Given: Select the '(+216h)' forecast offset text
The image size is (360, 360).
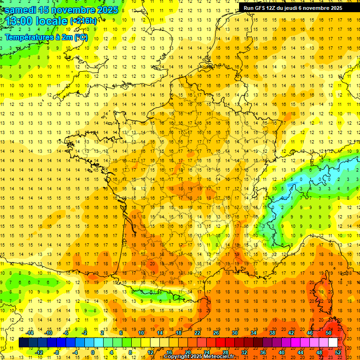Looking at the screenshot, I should (x=84, y=21).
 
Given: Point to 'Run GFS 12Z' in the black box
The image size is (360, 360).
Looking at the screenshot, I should (x=259, y=8).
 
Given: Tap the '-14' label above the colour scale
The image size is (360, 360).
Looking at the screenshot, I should (x=30, y=333).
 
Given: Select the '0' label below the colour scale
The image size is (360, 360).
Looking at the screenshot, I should (x=93, y=352).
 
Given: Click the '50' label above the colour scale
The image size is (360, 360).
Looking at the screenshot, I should (x=328, y=333).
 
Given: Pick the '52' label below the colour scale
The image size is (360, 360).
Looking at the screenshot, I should (x=338, y=352).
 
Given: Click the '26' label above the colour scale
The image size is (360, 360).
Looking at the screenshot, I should (x=216, y=333).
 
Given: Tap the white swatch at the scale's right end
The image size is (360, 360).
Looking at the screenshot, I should (x=333, y=343).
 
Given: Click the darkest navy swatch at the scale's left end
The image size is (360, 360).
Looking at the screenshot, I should (x=23, y=343).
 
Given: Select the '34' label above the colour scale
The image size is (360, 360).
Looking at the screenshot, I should (x=254, y=333).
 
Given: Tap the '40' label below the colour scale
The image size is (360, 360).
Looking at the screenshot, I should (x=282, y=352).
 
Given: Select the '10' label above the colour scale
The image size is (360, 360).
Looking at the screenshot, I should (x=141, y=333).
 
